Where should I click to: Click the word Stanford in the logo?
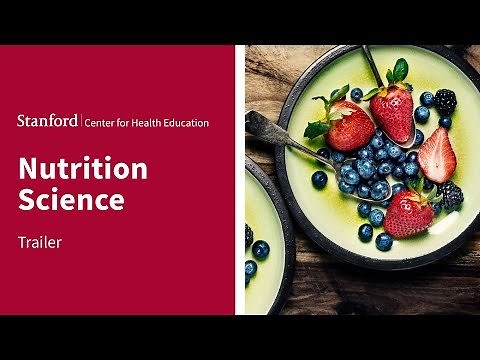(x=45, y=122)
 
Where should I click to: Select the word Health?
(x=151, y=123)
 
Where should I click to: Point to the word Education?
(x=189, y=123)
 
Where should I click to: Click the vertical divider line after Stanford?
(x=80, y=122)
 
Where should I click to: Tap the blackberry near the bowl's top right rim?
(x=444, y=100)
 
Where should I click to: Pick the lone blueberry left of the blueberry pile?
(x=319, y=179)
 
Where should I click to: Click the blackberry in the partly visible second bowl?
(x=248, y=236)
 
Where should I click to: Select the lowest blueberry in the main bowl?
(x=384, y=242)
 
